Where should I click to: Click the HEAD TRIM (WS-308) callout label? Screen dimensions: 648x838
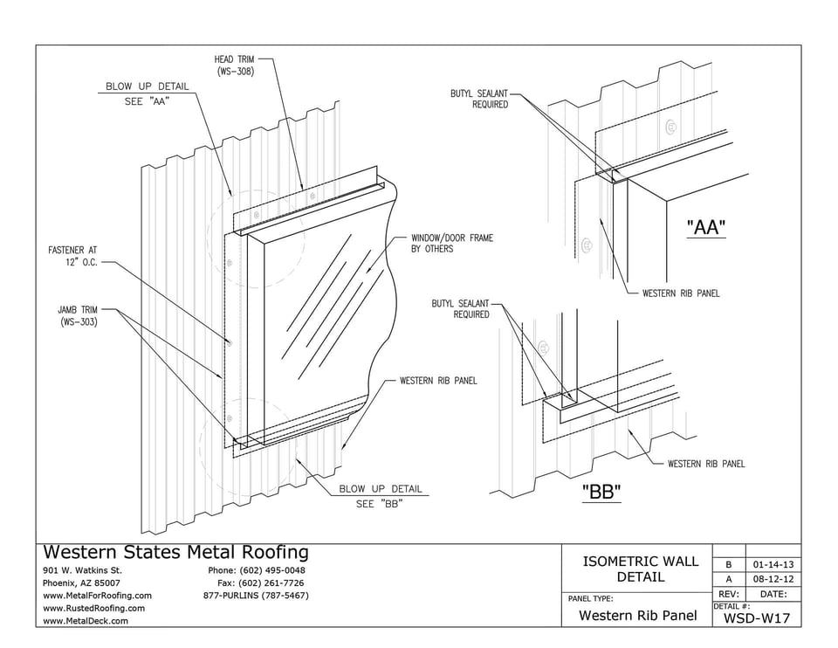(234, 65)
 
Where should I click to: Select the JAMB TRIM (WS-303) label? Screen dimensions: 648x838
(78, 315)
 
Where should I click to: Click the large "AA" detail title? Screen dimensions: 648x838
(706, 228)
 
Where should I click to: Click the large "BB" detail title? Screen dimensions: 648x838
(601, 492)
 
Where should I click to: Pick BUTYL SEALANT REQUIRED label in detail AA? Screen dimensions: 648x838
(478, 99)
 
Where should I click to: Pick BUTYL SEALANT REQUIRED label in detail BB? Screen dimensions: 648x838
(460, 309)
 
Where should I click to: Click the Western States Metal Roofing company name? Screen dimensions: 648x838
(175, 552)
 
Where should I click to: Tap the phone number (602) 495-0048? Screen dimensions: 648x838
(257, 570)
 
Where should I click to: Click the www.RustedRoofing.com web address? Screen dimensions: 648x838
(94, 608)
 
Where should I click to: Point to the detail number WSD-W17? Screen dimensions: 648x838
(757, 618)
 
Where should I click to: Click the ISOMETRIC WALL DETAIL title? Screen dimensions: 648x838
(640, 569)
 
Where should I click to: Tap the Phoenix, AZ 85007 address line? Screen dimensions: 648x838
(81, 583)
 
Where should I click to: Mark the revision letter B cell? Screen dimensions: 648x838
(727, 563)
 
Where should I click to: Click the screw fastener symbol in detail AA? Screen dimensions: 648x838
(671, 127)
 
